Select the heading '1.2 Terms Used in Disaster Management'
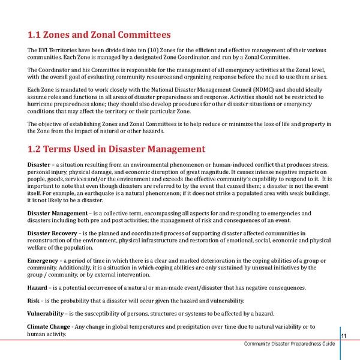click(117, 148)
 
